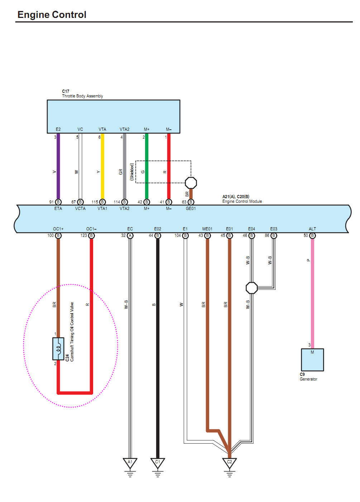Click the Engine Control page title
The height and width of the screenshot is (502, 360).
(x=52, y=15)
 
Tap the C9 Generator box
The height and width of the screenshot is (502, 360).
(x=312, y=360)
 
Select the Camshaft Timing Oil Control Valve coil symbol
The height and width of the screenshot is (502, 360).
(x=58, y=348)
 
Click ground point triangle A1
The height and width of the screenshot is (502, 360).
(x=130, y=463)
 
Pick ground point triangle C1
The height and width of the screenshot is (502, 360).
(x=158, y=463)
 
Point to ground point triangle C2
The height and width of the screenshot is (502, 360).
(x=230, y=463)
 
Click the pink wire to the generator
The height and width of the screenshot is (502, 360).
(x=312, y=294)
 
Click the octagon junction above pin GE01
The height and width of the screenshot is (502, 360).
(x=191, y=183)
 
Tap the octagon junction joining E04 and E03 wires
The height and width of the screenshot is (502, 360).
(x=252, y=288)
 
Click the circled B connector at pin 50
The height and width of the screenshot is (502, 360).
(x=312, y=235)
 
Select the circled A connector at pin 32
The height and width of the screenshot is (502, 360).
(x=130, y=235)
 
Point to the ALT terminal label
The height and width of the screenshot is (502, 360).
(x=312, y=229)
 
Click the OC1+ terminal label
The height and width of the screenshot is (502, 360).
(x=58, y=229)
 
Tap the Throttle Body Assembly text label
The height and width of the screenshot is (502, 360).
(x=82, y=96)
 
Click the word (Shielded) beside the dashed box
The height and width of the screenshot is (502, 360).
(x=132, y=172)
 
